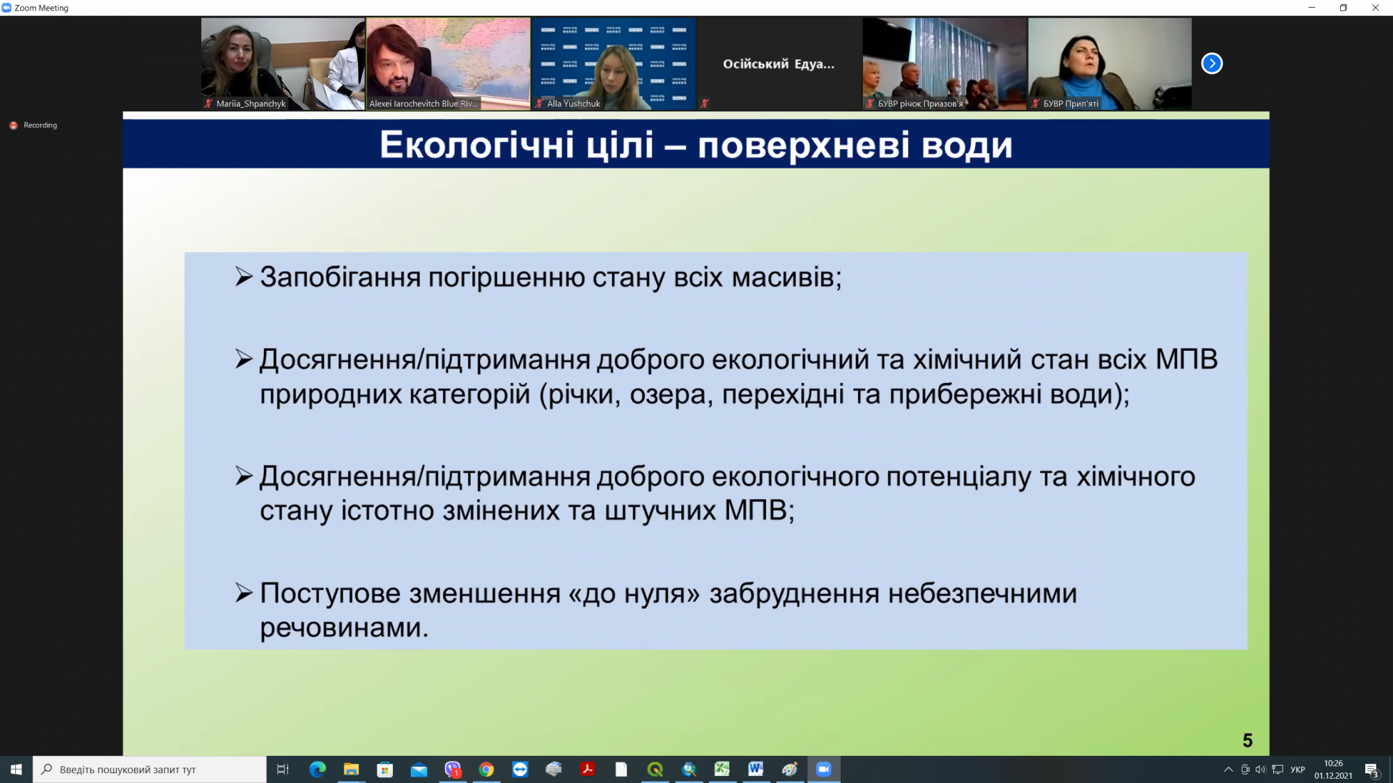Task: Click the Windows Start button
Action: tap(16, 769)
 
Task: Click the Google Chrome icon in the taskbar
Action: tap(486, 769)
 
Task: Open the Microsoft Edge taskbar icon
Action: tap(318, 769)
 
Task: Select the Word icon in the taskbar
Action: tap(756, 769)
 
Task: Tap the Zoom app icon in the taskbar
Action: tap(823, 769)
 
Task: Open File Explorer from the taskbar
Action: tap(351, 769)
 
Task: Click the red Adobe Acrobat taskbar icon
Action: tap(587, 769)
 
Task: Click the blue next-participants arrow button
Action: tap(1212, 63)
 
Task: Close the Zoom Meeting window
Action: tap(1376, 8)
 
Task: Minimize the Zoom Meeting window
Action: tap(1312, 8)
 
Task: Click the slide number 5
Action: tap(1247, 741)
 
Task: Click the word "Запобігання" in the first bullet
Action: tap(340, 278)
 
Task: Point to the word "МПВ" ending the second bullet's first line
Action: tap(1186, 359)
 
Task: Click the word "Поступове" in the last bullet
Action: tap(330, 594)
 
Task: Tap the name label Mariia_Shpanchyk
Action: tap(251, 104)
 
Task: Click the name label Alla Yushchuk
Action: tap(573, 104)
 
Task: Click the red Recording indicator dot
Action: tap(13, 125)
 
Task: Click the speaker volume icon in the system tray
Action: tap(1260, 769)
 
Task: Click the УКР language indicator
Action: tap(1298, 769)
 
